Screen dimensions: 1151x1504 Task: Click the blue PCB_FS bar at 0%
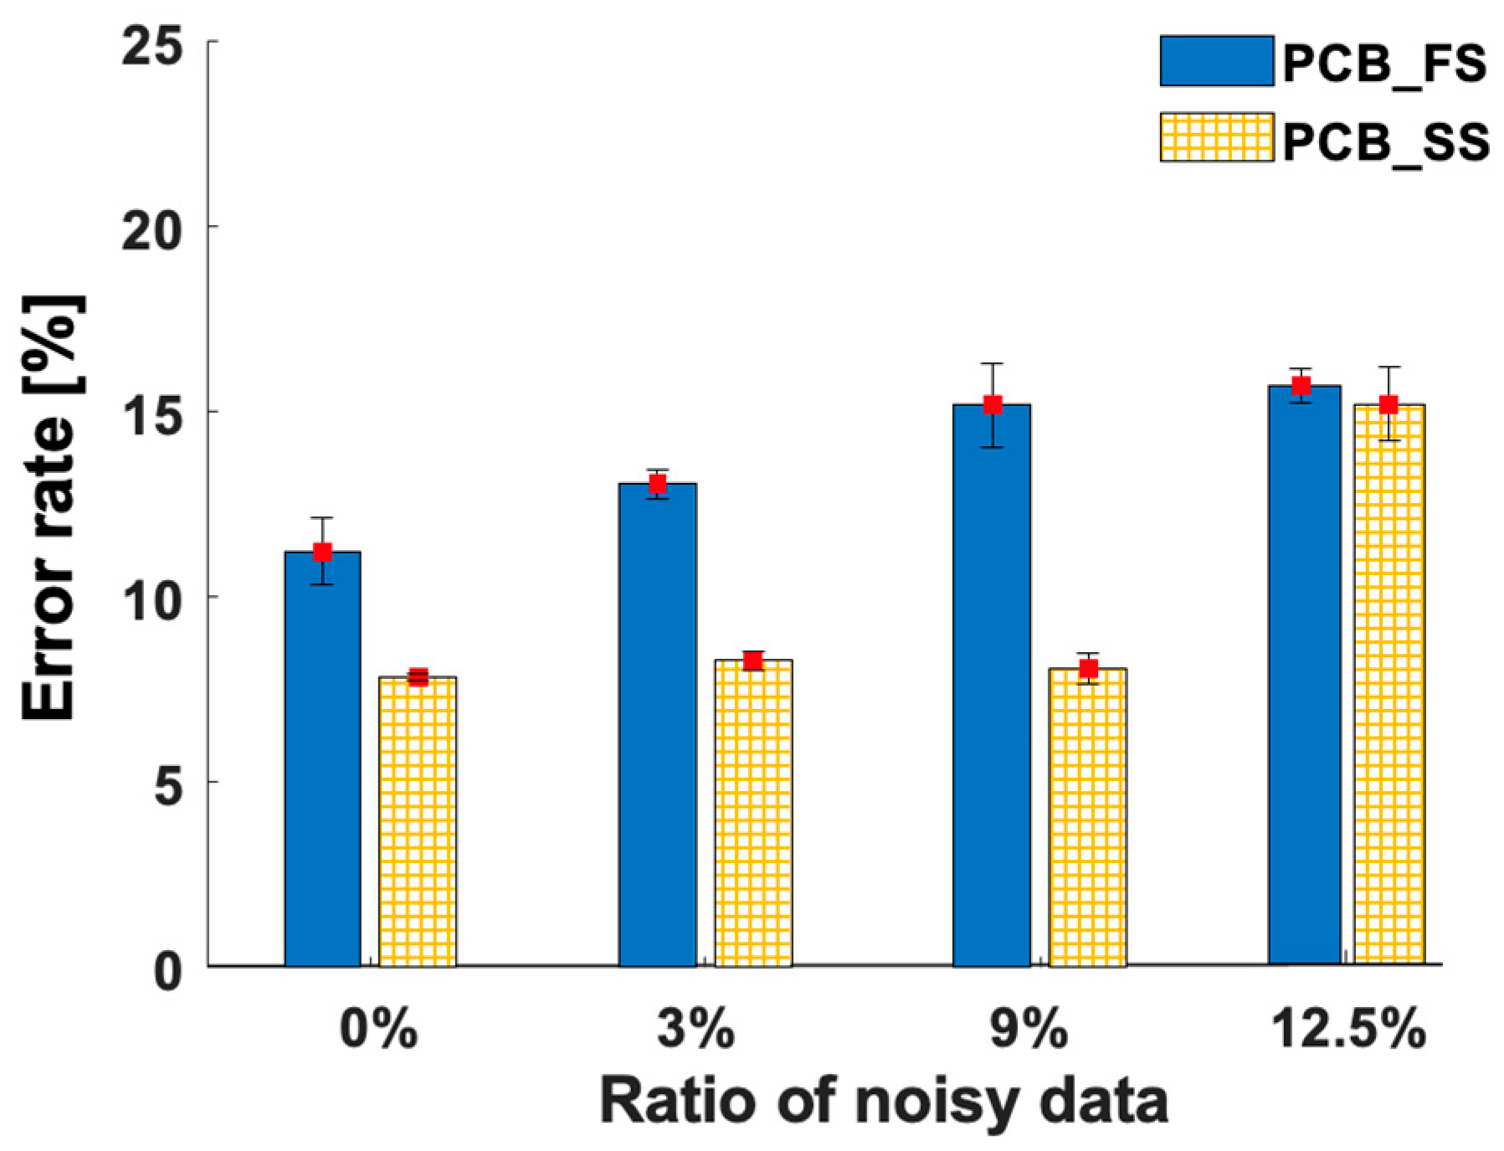point(322,758)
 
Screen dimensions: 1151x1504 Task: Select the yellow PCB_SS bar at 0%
point(417,820)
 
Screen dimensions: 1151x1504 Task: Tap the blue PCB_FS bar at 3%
point(657,724)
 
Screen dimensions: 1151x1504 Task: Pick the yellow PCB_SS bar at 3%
point(752,812)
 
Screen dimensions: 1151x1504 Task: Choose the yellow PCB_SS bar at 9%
point(1087,816)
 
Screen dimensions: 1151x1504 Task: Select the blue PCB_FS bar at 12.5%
point(1304,674)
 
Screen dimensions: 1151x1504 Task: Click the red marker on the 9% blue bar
point(993,405)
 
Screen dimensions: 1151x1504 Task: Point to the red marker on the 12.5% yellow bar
point(1389,405)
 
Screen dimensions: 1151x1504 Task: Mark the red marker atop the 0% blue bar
point(322,552)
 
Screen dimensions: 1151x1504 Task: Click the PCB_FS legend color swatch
point(1216,61)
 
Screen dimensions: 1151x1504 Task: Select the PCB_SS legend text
point(1385,141)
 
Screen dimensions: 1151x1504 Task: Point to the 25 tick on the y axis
point(152,44)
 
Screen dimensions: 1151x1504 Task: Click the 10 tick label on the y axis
point(152,600)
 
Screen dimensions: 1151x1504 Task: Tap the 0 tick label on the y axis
point(168,971)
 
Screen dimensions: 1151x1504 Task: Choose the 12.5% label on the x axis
point(1348,1029)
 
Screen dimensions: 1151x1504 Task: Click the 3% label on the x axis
point(696,1029)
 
